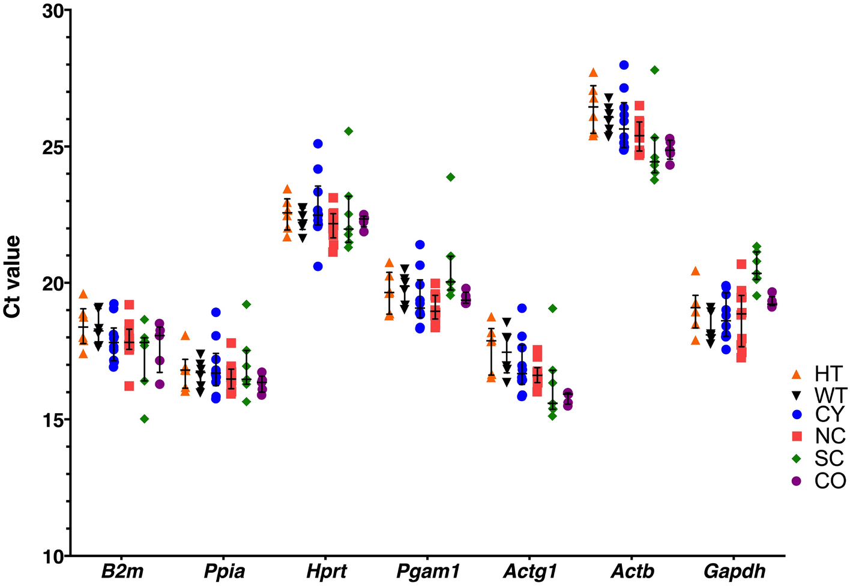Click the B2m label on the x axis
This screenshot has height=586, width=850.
pos(122,571)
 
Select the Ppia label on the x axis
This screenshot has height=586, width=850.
pos(225,571)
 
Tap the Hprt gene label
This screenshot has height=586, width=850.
pos(327,571)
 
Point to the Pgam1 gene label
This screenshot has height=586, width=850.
pos(428,571)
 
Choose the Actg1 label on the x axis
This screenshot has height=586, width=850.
pos(530,571)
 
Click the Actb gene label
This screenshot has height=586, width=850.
pos(632,571)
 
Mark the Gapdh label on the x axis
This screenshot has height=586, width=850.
pos(734,571)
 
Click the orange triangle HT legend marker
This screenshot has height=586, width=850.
pos(797,374)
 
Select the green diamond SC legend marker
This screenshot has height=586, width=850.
pos(797,459)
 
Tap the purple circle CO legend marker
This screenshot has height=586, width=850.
pos(797,481)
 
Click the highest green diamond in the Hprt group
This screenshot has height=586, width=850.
pos(349,131)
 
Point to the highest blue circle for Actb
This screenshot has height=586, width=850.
pos(624,65)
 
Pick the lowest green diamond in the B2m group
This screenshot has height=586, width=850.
pos(144,418)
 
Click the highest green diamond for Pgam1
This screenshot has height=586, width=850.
pos(450,177)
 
